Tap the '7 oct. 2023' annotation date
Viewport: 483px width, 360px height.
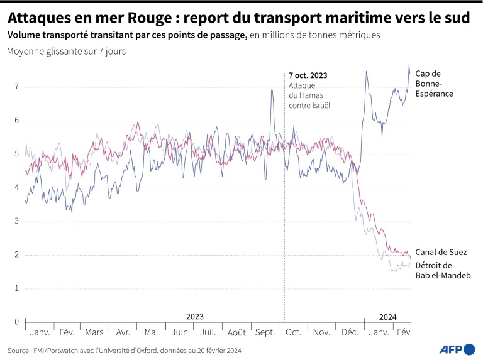coord(308,75)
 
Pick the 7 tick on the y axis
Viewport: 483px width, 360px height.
coord(16,86)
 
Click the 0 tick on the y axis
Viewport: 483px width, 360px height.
coord(16,322)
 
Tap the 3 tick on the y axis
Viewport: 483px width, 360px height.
coord(16,221)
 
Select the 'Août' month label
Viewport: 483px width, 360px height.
coord(236,332)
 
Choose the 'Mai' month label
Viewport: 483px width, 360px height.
coord(152,332)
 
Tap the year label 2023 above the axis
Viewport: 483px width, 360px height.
coord(195,317)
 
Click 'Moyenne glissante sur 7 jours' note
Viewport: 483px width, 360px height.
coord(66,52)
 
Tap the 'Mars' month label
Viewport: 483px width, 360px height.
coord(94,332)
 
